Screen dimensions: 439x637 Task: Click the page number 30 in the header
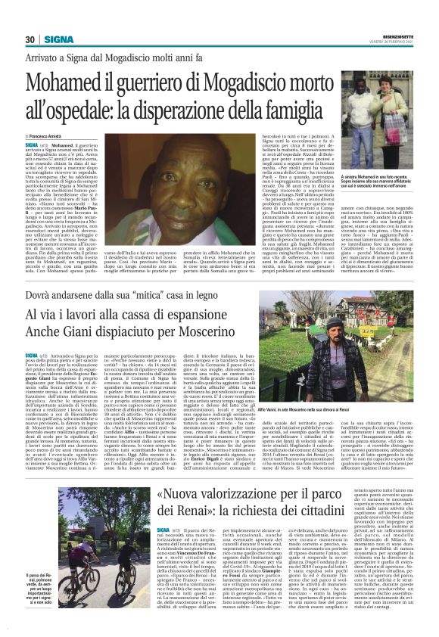pyautogui.click(x=30, y=39)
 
